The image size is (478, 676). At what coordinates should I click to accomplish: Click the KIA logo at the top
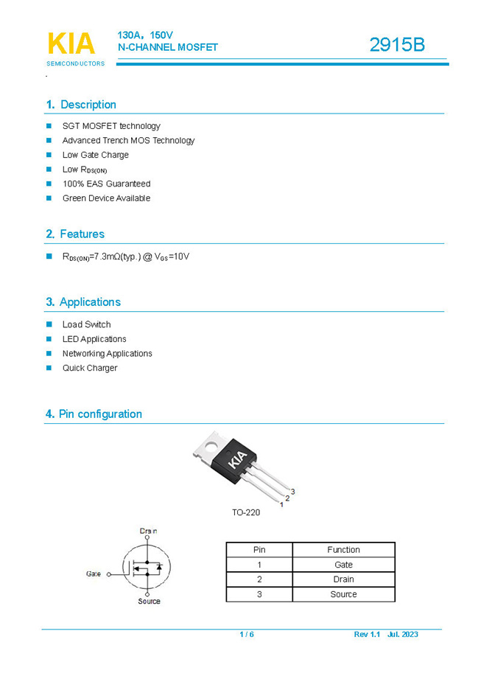coord(71,43)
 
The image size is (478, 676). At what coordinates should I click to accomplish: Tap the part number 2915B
coord(397,45)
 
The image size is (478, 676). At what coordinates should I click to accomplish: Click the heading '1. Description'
coord(81,105)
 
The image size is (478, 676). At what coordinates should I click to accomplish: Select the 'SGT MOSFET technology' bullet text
coord(111,126)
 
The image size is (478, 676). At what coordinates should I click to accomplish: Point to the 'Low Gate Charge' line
coord(95,155)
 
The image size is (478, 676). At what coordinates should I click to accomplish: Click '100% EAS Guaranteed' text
coord(106,184)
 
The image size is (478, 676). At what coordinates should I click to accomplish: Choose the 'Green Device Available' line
coord(106,198)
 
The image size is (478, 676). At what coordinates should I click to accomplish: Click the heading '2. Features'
coord(75,234)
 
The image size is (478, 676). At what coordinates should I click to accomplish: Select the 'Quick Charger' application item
coord(90,368)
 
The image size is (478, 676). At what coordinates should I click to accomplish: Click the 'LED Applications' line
coord(94,339)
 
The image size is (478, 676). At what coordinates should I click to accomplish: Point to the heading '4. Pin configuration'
coord(94,414)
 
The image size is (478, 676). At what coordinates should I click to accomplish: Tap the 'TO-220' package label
coord(246,512)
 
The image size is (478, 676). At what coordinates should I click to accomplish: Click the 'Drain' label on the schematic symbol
coord(148,531)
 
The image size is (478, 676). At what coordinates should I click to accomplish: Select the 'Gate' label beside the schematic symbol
coord(94,573)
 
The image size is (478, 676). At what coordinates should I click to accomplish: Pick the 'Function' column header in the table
coord(343,550)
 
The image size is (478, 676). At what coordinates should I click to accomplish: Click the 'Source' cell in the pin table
coord(343,594)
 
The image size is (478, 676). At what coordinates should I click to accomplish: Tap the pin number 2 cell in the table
coord(259,579)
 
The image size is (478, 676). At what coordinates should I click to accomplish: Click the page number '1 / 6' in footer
coord(247,635)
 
